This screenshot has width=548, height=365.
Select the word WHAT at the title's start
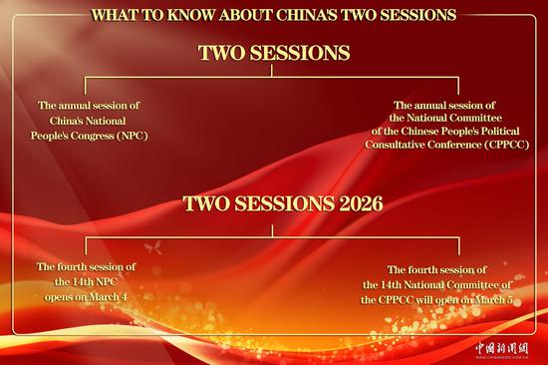115,15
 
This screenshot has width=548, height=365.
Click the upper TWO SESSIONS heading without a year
273,54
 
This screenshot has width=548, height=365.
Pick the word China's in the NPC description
64,119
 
